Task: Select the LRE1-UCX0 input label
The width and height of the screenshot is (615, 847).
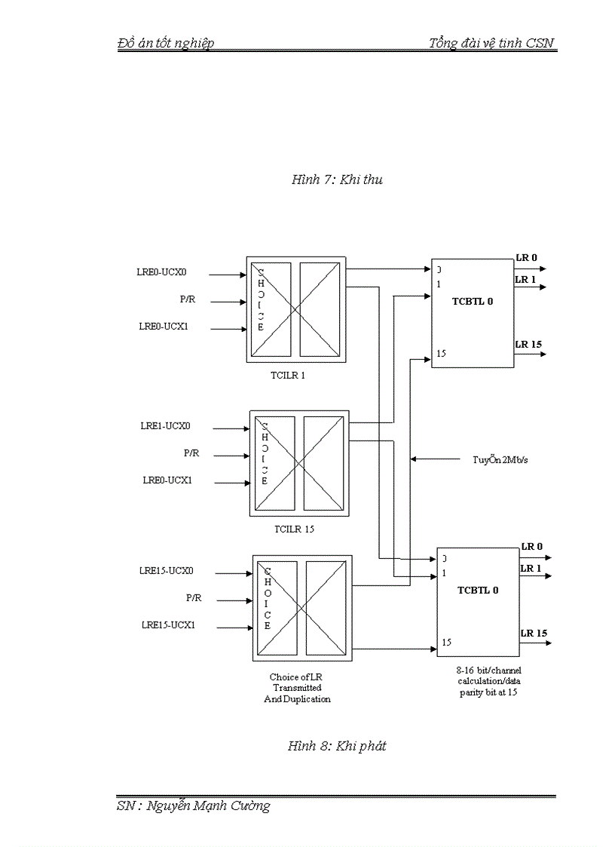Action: [165, 426]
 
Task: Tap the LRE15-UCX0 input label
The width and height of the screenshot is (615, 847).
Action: [167, 571]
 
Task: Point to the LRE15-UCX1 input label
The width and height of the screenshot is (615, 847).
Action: [168, 625]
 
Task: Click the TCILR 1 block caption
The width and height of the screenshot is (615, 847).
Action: [289, 374]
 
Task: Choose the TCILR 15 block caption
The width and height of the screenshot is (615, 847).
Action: [294, 529]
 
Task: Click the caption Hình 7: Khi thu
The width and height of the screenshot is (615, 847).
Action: [337, 180]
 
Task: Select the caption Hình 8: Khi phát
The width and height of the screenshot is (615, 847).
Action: [337, 746]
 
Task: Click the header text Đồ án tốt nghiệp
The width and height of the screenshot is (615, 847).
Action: [166, 43]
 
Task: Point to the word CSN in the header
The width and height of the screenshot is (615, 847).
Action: [540, 43]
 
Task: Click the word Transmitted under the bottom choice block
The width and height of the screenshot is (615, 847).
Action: [297, 688]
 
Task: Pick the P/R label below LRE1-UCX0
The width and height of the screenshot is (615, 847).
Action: [192, 453]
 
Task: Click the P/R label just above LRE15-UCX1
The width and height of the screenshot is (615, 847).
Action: [194, 598]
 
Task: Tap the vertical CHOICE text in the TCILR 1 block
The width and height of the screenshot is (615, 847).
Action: [261, 299]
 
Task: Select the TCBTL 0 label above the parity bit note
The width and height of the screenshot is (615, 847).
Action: [478, 590]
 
